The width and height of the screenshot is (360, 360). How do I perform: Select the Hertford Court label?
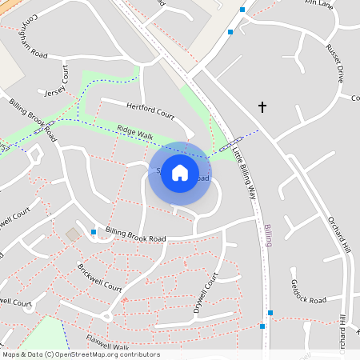coord(150,110)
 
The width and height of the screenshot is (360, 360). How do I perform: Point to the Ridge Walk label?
coord(134,133)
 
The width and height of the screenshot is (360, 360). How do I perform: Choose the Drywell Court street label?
coord(205,296)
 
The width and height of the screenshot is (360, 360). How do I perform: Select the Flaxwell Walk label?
coord(107,342)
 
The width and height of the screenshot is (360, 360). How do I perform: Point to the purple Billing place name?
coord(268,235)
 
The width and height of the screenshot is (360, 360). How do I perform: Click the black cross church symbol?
coord(262,106)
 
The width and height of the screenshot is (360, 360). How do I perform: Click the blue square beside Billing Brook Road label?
coord(94,232)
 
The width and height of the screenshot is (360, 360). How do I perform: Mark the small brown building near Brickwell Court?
coord(73,234)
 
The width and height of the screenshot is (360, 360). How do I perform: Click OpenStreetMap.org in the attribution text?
coord(87,354)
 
